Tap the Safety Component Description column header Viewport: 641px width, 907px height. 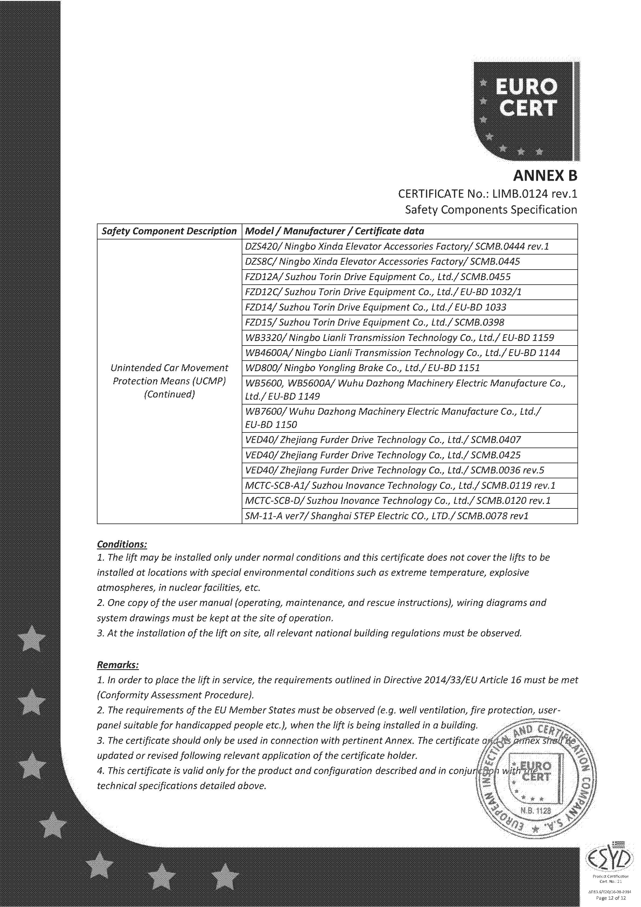point(169,231)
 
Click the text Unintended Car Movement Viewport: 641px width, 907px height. point(169,368)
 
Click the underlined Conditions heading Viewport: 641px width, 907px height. point(122,544)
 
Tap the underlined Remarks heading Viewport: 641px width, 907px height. point(118,665)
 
